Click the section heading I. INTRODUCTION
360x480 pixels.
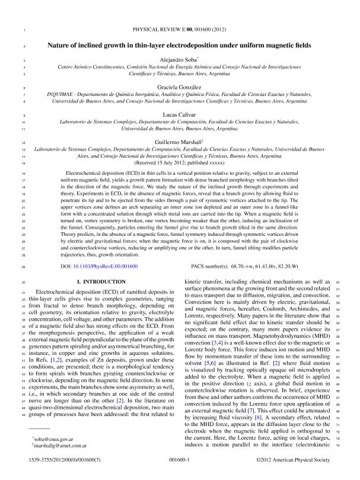coord(103,283)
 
